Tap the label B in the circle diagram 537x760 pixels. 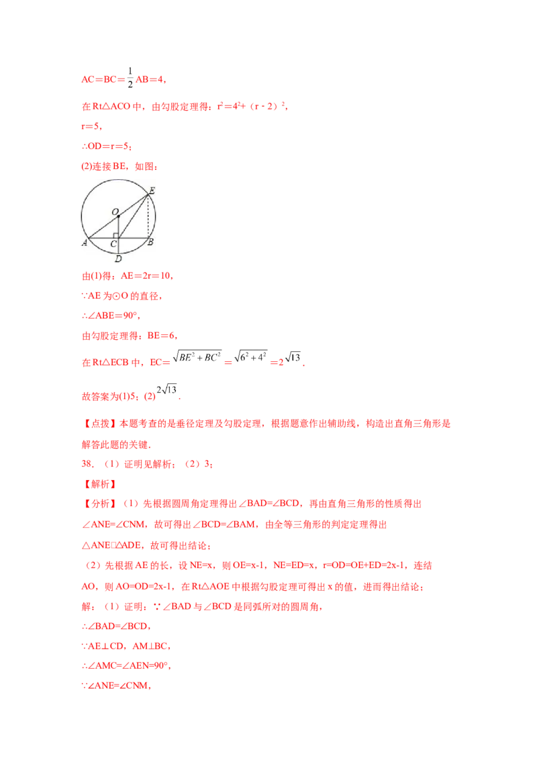150,242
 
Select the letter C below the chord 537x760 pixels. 113,243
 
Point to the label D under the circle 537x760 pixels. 118,258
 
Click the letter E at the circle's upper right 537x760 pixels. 152,191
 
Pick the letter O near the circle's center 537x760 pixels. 115,211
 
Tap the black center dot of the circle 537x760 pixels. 119,216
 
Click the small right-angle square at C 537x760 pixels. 116,235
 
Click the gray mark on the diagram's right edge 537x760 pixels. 158,216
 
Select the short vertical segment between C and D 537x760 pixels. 119,245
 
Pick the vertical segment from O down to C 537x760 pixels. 119,227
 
